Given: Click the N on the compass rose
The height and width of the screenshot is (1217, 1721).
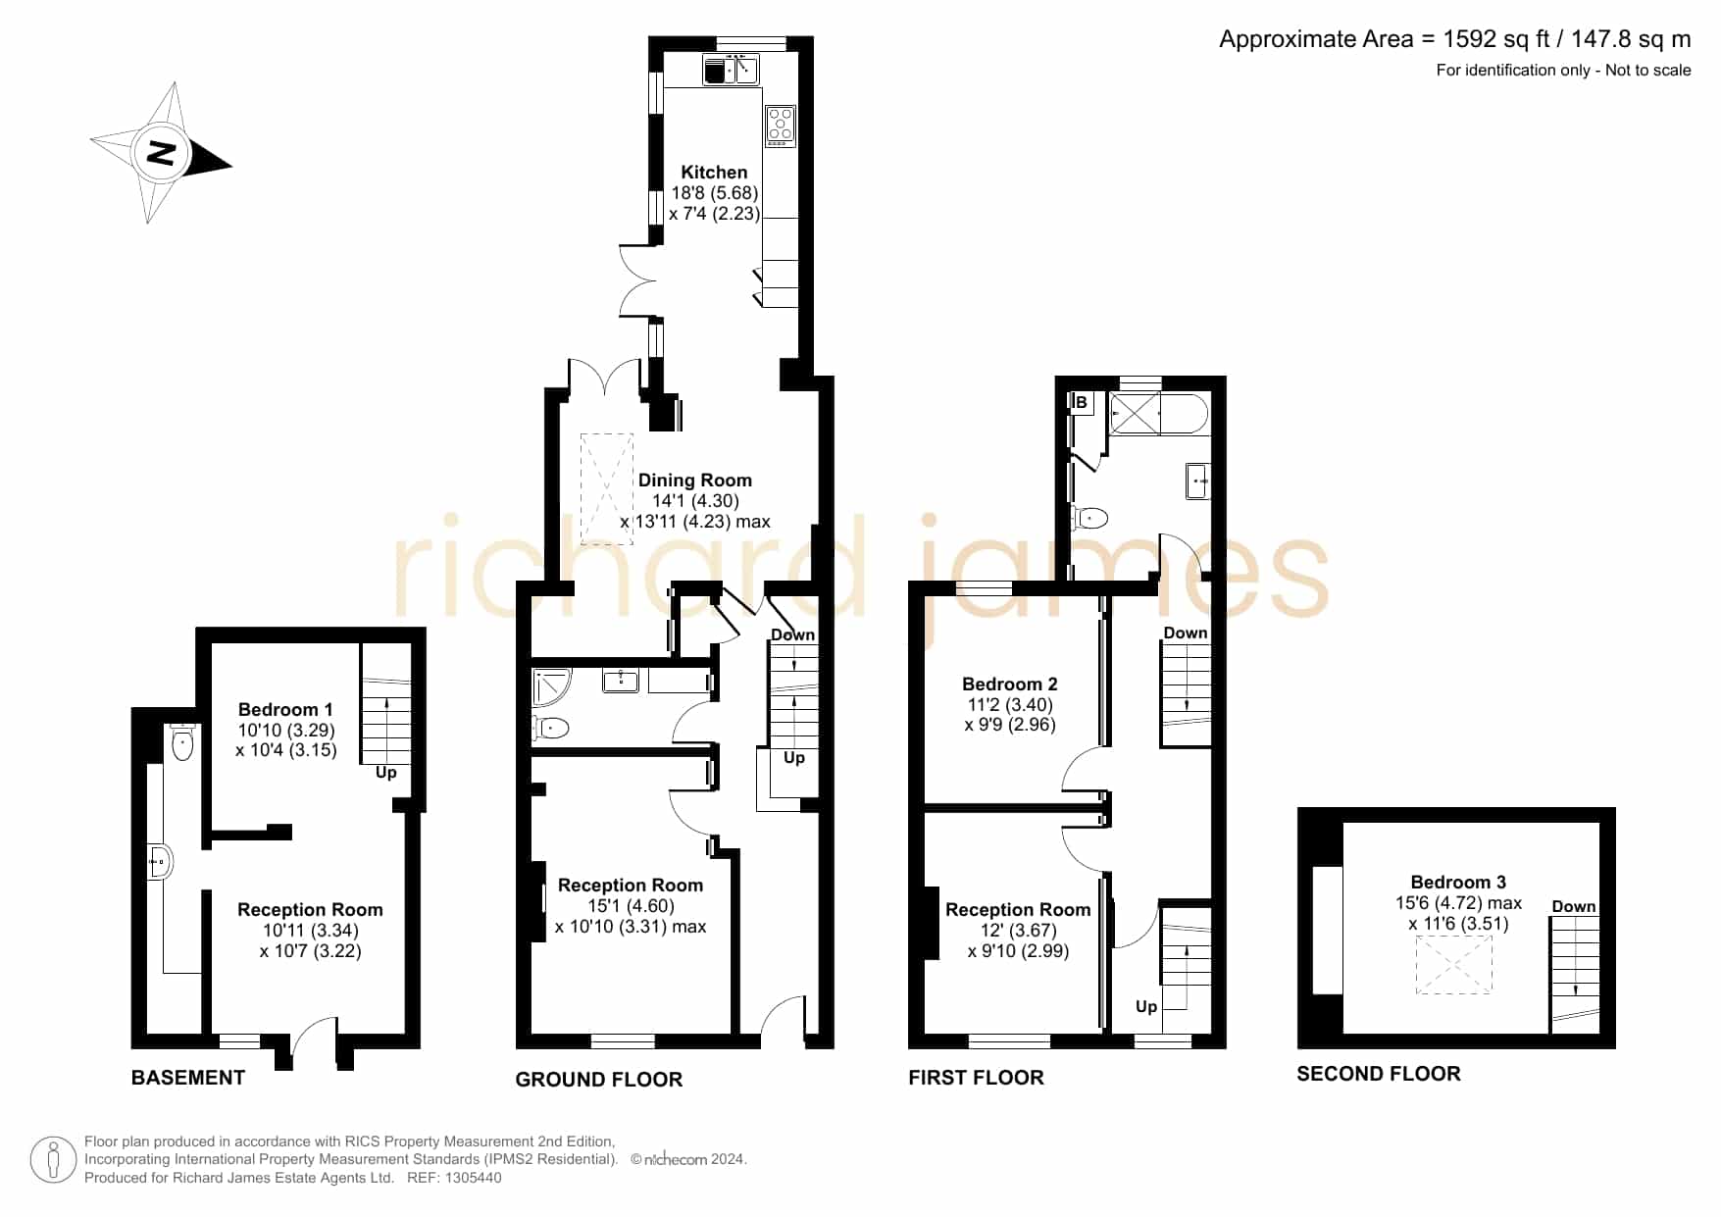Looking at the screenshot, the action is [161, 153].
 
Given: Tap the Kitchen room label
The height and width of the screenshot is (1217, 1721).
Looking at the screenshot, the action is [714, 173].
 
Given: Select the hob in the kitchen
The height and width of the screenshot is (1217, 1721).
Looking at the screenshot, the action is [781, 127].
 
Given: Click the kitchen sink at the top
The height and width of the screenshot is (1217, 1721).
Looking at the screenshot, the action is [732, 70].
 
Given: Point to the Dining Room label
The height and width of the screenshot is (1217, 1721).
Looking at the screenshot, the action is [695, 481].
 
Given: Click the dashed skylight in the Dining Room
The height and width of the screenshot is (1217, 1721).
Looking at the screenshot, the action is [608, 488].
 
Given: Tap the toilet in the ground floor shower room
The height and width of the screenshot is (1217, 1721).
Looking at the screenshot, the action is [550, 728].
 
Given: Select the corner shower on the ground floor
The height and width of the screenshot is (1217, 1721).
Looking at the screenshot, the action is [550, 687].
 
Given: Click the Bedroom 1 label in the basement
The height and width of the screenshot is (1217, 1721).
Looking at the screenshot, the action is [285, 709].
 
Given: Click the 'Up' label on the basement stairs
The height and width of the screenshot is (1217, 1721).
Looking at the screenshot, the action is [386, 773].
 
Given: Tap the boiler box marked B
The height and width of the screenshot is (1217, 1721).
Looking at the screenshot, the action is [1082, 403].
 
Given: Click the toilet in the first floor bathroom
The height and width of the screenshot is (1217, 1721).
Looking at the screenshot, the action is [1089, 518].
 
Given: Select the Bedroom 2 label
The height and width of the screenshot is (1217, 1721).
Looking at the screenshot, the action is [1010, 685].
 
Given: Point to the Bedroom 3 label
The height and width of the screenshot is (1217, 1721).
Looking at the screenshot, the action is [1458, 883].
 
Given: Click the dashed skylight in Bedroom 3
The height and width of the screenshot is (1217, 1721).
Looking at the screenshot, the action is [1454, 965].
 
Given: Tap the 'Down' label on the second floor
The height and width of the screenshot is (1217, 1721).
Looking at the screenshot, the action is [1574, 907].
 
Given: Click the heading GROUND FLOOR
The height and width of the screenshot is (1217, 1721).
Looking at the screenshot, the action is [599, 1080].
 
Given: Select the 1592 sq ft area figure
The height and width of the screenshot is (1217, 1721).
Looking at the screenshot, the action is [1496, 39].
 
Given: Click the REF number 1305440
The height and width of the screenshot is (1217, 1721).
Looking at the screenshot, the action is [474, 1178].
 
